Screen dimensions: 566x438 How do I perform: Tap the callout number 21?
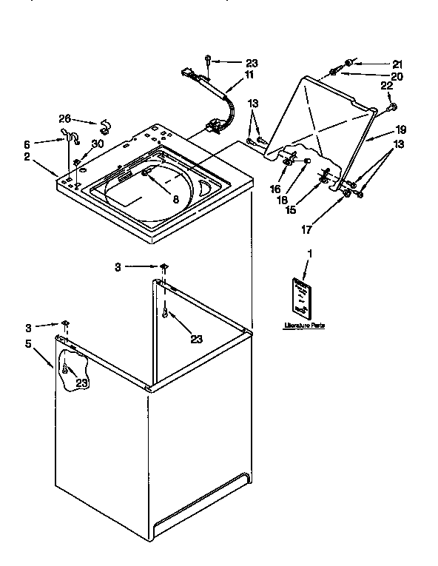(x=397, y=63)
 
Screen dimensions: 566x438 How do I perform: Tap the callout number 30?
(x=97, y=144)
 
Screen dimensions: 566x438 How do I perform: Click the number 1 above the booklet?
(x=309, y=254)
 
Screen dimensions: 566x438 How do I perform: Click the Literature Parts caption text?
(x=304, y=326)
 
